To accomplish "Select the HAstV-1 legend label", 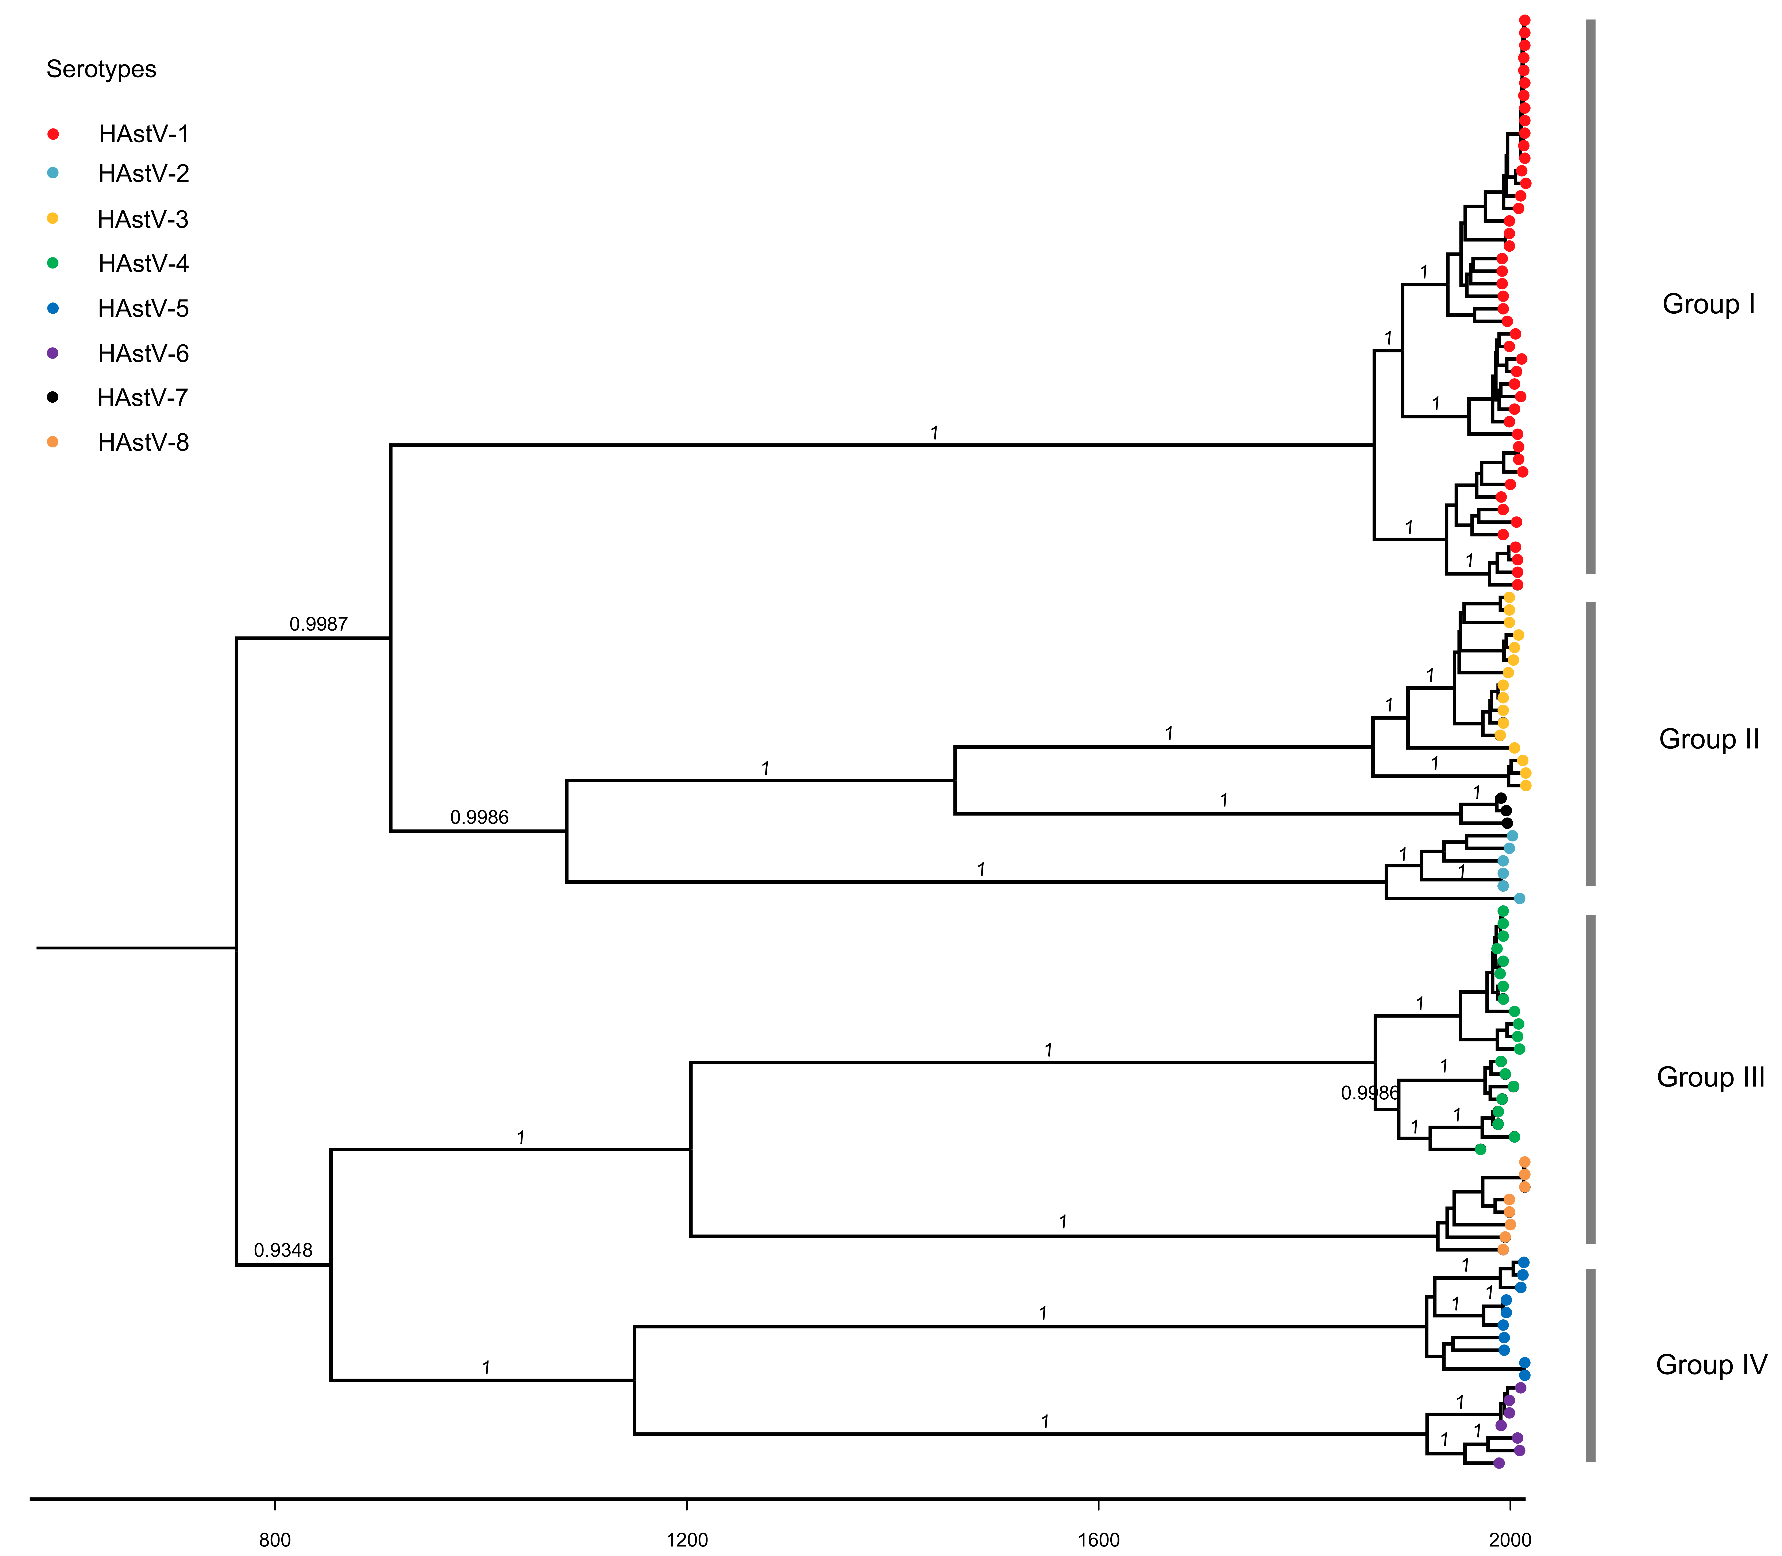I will tap(143, 134).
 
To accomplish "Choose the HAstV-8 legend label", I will tap(143, 443).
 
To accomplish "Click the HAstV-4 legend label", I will tap(143, 264).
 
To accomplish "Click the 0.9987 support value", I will tap(319, 624).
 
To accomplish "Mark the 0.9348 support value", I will tap(283, 1250).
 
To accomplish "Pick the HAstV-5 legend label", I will tap(143, 309).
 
